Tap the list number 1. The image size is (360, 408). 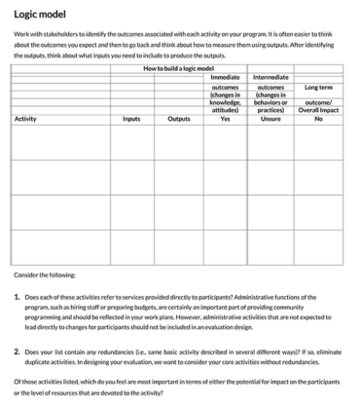(18, 295)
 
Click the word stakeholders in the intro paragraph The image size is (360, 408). (54, 34)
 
